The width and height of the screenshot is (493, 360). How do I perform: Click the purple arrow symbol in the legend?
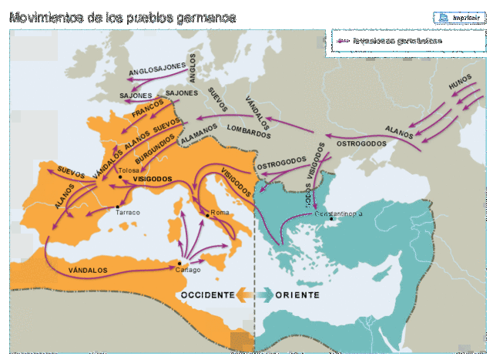pos(343,41)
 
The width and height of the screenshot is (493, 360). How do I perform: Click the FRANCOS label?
pos(148,108)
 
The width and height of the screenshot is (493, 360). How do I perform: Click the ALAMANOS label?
pos(199,137)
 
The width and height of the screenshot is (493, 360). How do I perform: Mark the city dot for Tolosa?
pos(120,177)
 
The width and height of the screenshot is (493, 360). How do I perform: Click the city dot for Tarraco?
pos(116,207)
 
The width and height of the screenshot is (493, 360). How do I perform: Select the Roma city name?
pos(220,213)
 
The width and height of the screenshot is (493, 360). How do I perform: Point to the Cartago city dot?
pos(180,263)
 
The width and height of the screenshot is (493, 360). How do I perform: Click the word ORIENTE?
pos(297,294)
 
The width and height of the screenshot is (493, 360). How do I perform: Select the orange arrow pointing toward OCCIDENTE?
pos(243,294)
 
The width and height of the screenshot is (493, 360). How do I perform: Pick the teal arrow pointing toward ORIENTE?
pos(264,294)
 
